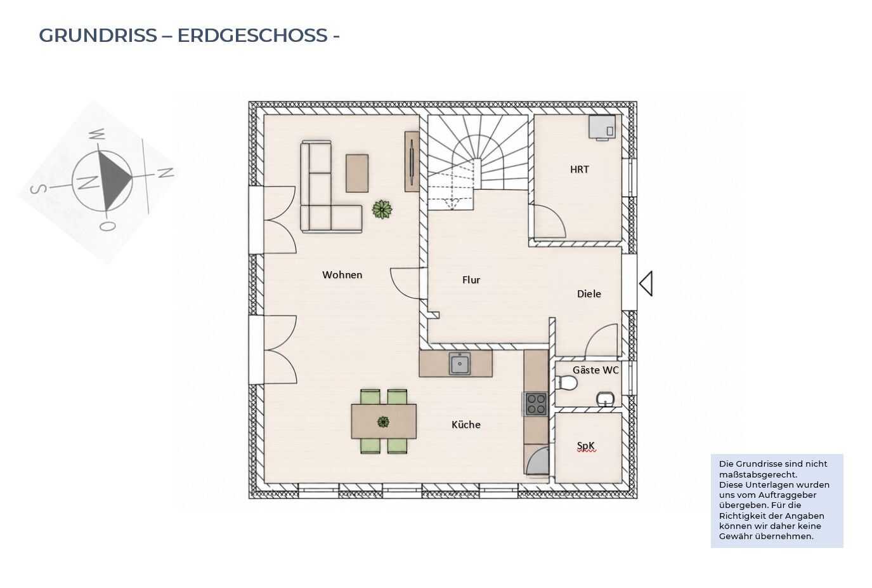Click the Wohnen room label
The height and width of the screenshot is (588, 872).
pos(342,275)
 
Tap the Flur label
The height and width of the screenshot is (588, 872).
pos(471,280)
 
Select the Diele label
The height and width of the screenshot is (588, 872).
pos(589,294)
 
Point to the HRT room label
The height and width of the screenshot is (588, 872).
pos(579,170)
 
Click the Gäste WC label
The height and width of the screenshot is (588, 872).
pos(595,370)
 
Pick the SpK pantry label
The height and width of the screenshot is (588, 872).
pos(586,445)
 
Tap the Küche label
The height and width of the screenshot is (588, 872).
pos(466,424)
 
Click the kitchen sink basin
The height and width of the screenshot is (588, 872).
pos(460,364)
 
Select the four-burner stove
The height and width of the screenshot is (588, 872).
pos(536,404)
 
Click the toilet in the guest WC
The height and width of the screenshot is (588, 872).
pos(566,383)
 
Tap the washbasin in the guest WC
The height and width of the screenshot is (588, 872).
pos(605,399)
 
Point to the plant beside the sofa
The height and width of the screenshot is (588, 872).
pos(382,210)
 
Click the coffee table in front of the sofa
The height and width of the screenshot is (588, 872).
pos(357,173)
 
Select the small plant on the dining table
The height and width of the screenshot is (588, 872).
pos(383,422)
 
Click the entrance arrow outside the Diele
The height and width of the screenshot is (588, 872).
pos(646,283)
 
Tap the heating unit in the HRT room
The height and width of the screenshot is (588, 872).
pos(602,127)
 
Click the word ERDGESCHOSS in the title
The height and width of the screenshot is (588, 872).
pos(252,36)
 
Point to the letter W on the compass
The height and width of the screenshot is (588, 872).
pos(96,135)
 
